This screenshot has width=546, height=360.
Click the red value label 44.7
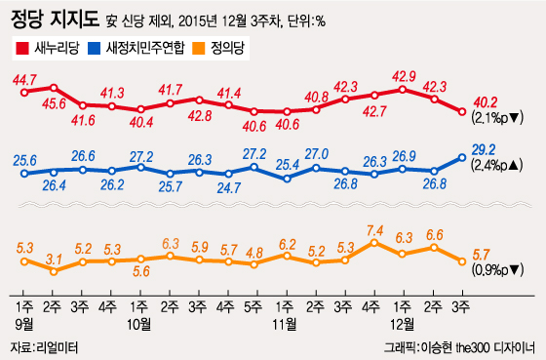pyautogui.click(x=25, y=79)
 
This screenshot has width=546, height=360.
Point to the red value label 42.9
pyautogui.click(x=404, y=76)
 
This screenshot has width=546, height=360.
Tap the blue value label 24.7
pyautogui.click(x=228, y=186)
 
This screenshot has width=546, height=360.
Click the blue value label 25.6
pyautogui.click(x=25, y=160)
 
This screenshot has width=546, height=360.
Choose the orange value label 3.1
pyautogui.click(x=54, y=259)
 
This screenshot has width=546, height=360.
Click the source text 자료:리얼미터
pyautogui.click(x=44, y=346)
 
